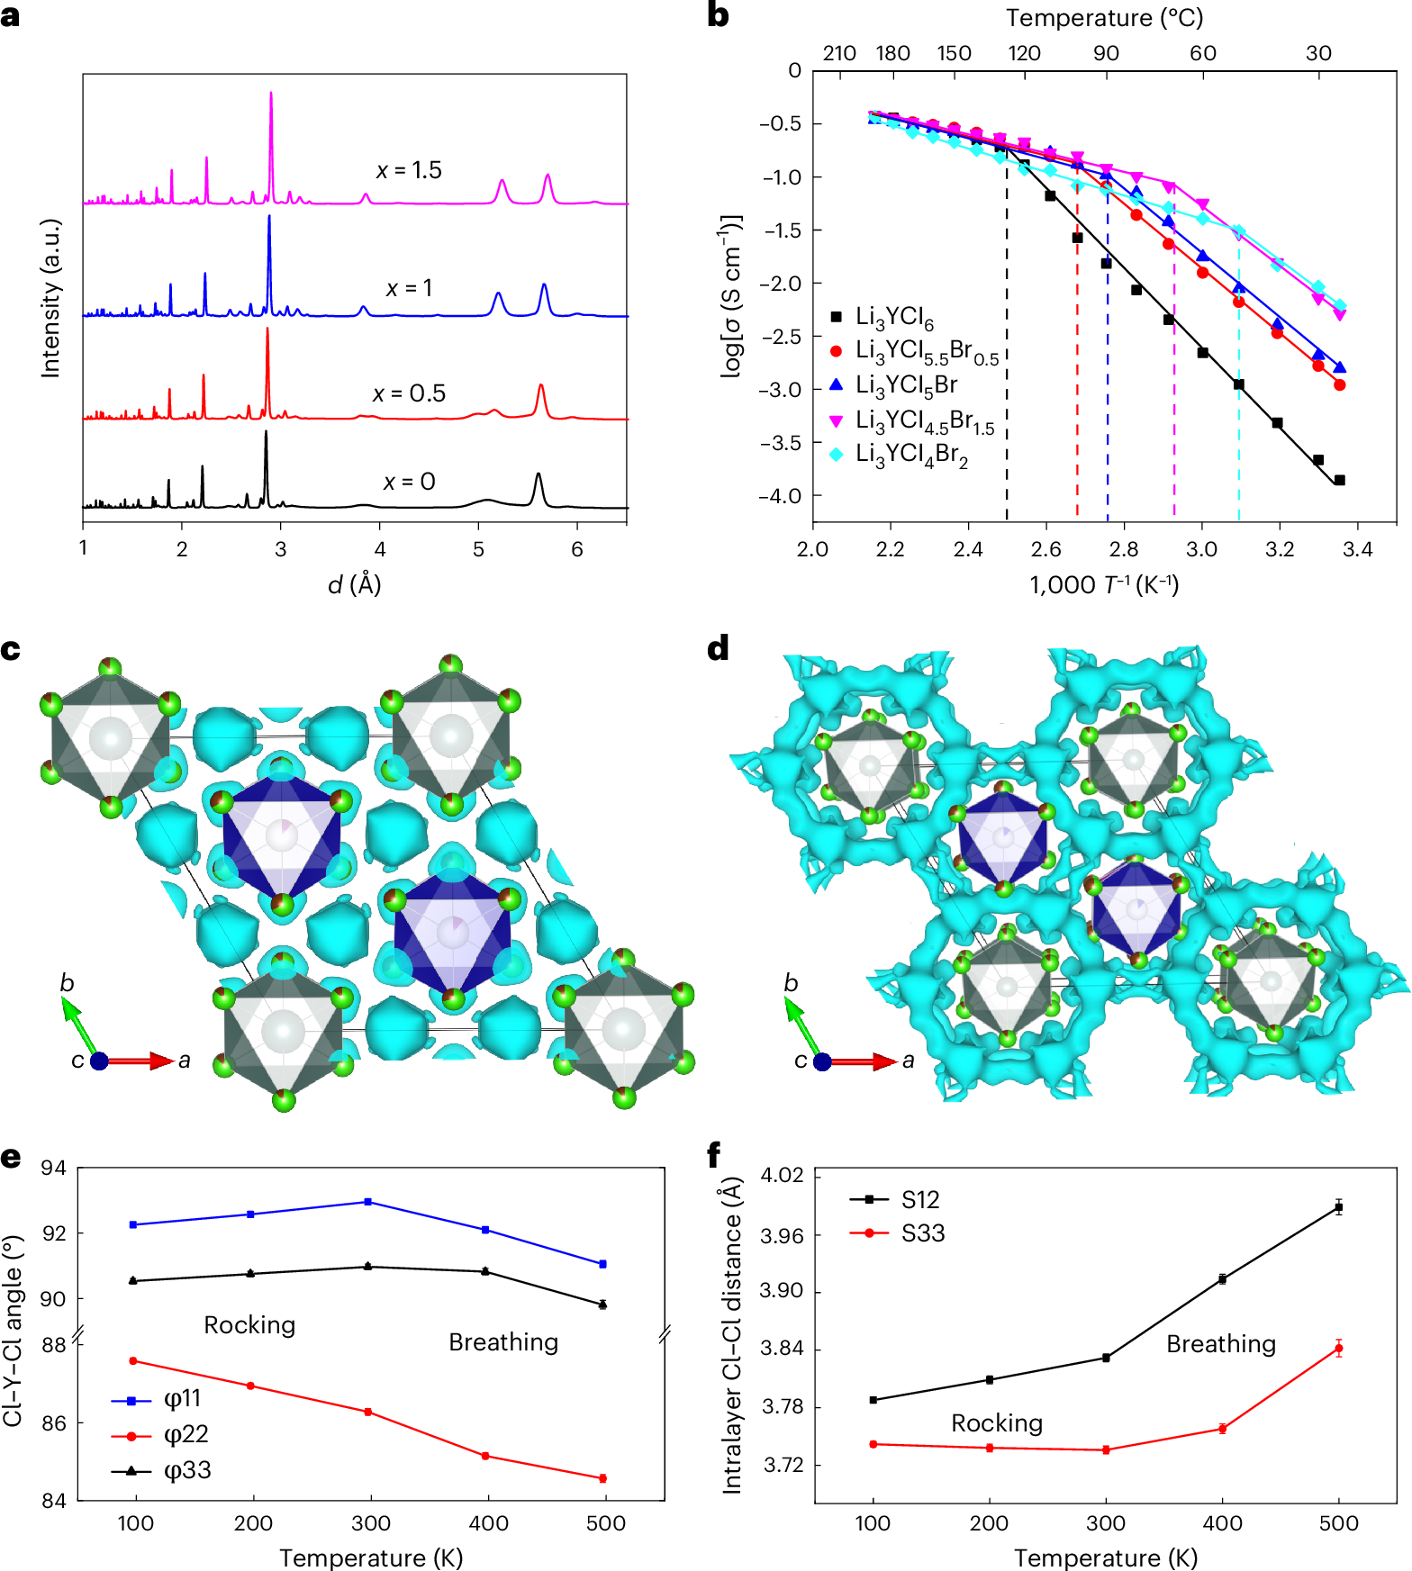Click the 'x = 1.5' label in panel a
(409, 170)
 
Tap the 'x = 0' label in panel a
(409, 482)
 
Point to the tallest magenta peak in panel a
(271, 94)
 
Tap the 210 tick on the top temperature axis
(839, 53)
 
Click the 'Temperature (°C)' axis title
(1104, 18)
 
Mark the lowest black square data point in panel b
(1339, 480)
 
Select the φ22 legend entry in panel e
(185, 1434)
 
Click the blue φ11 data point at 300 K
(368, 1202)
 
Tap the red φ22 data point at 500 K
(602, 1478)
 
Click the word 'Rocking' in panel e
(249, 1325)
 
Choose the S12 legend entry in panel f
(919, 1199)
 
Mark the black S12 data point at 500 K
(1339, 1208)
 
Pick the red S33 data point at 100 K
(873, 1444)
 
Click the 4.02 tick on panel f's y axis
(782, 1176)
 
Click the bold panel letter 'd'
(718, 649)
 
